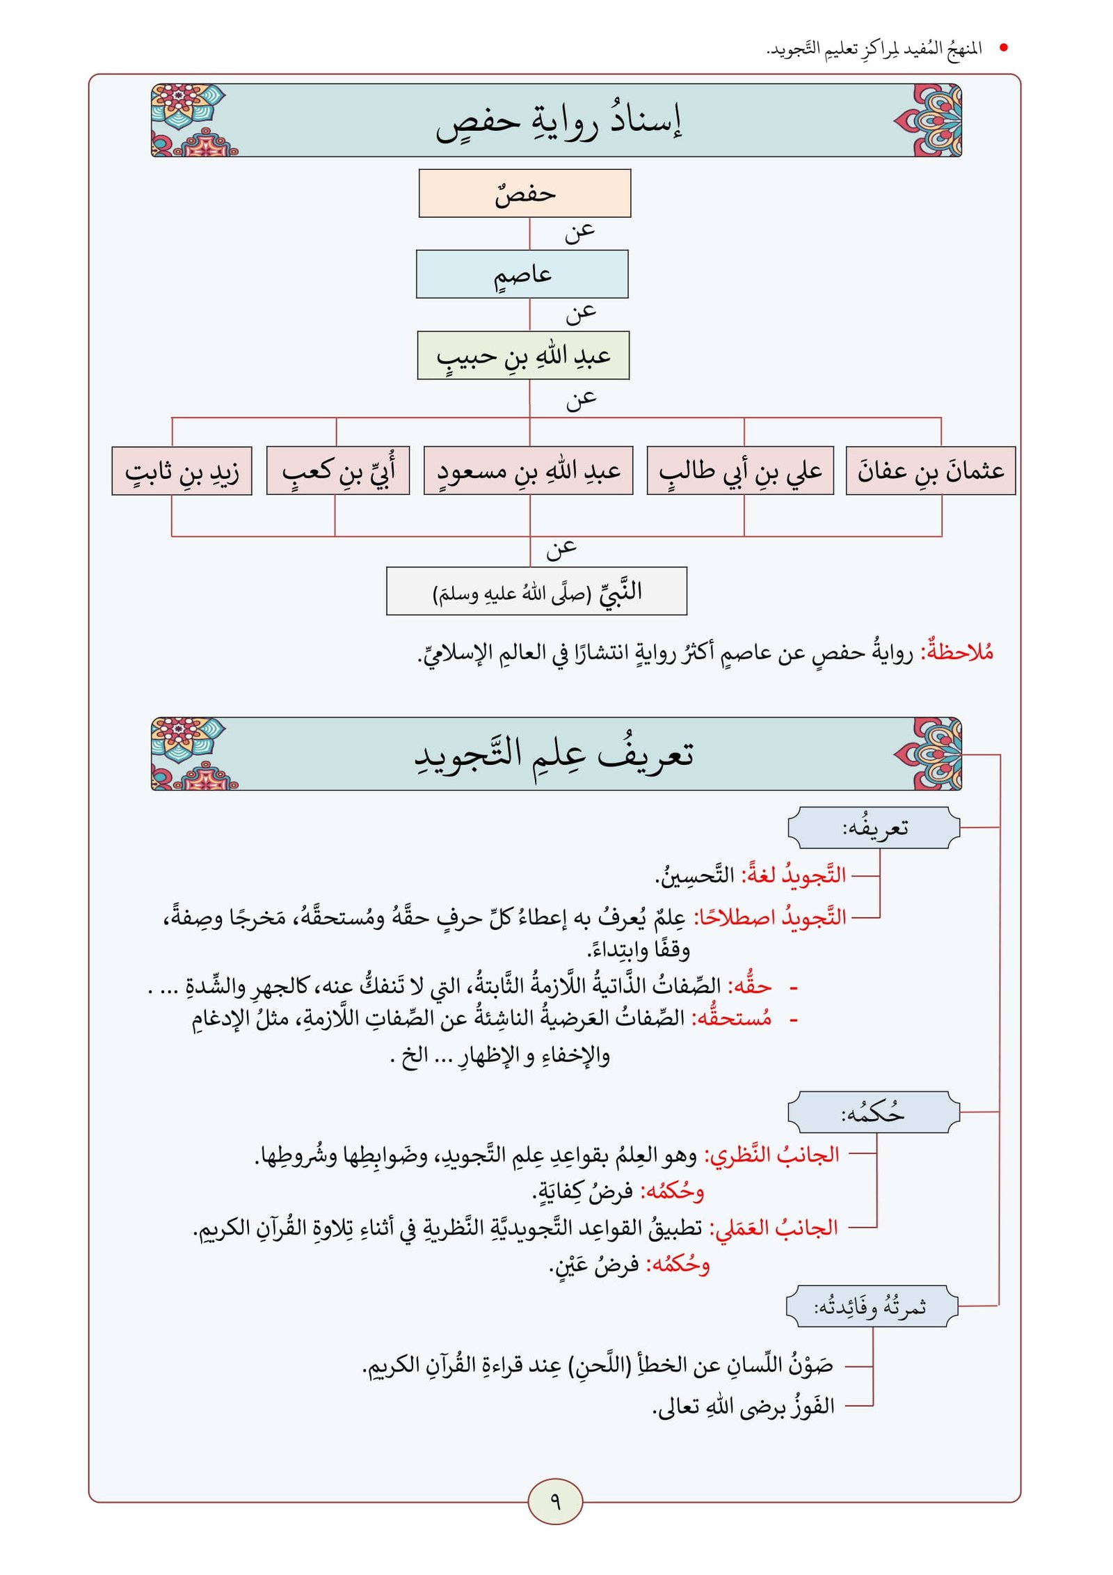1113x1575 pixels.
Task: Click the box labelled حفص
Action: coord(525,193)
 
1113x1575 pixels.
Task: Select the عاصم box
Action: coord(522,274)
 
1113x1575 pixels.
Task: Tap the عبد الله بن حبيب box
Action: coord(523,356)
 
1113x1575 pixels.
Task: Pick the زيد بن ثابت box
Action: coord(182,471)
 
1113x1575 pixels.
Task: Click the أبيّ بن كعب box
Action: coord(338,471)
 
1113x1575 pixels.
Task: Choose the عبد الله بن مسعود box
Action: coord(528,471)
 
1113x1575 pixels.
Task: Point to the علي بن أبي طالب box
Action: coord(740,471)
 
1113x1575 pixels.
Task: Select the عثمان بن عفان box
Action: coord(931,471)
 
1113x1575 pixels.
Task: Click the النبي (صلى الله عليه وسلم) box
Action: coord(536,592)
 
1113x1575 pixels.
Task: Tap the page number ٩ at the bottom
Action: coord(555,1501)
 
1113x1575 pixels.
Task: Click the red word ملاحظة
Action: coord(957,652)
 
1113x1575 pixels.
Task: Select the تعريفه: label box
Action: coord(874,828)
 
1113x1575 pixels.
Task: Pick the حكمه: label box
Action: coord(874,1112)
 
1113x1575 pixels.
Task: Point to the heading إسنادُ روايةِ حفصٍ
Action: coord(558,121)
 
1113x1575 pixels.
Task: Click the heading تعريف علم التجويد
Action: coord(554,754)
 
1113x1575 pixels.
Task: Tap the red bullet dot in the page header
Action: coord(1003,48)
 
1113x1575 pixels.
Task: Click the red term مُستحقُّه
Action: coord(734,1018)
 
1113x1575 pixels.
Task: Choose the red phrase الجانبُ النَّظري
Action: coord(772,1155)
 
